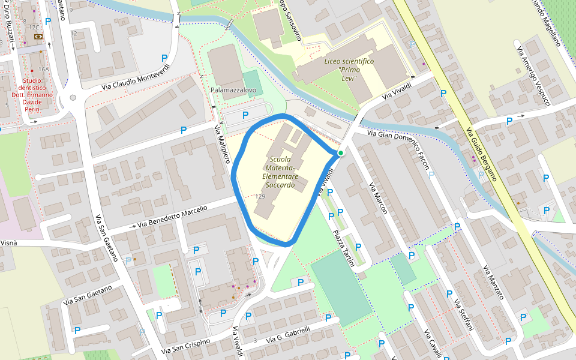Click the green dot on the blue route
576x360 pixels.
tap(340, 154)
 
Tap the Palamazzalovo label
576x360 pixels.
tap(233, 90)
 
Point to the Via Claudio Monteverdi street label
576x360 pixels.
tap(136, 77)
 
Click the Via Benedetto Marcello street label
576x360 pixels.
tap(172, 217)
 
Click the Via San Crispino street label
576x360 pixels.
tap(186, 346)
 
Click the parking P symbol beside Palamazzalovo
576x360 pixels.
tap(245, 115)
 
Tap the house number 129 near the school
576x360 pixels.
tap(260, 197)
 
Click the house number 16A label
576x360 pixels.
tap(43, 70)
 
